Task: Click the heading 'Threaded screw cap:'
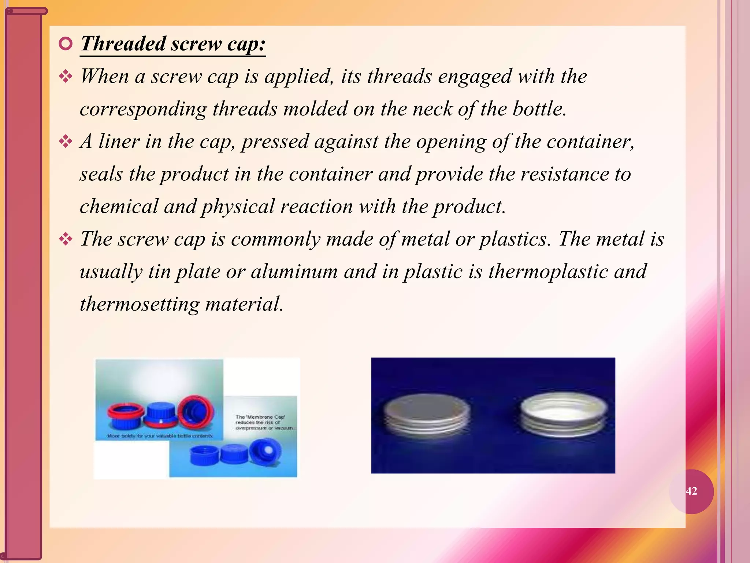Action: [x=173, y=44]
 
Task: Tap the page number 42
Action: [x=691, y=491]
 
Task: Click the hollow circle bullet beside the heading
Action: [x=66, y=44]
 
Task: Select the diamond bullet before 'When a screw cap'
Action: [x=66, y=77]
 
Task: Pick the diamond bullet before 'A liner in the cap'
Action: [x=66, y=142]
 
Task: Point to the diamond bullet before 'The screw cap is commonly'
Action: [x=66, y=239]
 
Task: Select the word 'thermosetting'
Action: [x=140, y=304]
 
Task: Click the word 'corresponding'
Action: [x=143, y=109]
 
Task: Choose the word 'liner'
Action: [x=119, y=141]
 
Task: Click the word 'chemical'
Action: [x=119, y=206]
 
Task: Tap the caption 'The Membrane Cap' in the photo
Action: [x=260, y=417]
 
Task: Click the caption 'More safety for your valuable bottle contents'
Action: [x=160, y=436]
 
